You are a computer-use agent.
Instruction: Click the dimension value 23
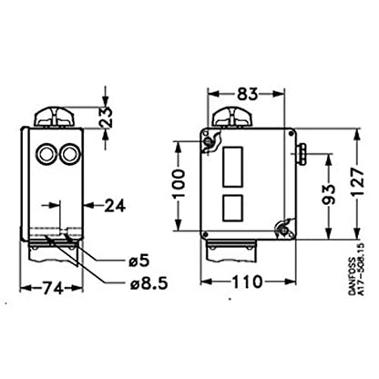click(107, 118)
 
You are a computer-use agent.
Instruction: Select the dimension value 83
click(246, 91)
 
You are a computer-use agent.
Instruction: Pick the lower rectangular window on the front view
click(232, 207)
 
